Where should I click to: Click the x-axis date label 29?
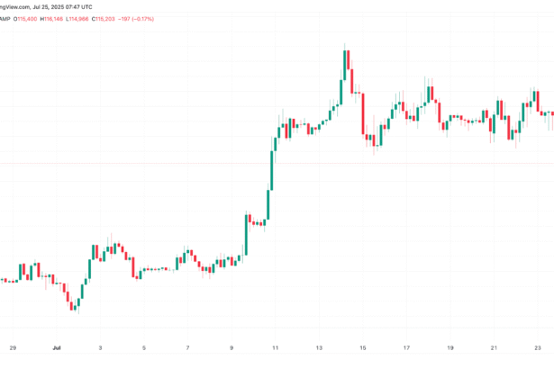13,346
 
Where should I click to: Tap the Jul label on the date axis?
56,346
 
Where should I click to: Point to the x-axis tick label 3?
100,346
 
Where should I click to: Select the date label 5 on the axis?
143,346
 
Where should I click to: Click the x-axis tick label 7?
187,346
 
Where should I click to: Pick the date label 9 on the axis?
232,346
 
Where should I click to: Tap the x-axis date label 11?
275,346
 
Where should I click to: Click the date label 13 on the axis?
319,346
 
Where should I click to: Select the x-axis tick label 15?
362,346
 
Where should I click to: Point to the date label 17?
406,346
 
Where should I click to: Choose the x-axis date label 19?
450,346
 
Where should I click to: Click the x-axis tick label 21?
494,346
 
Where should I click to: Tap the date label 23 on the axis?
537,346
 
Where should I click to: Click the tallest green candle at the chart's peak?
345,64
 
